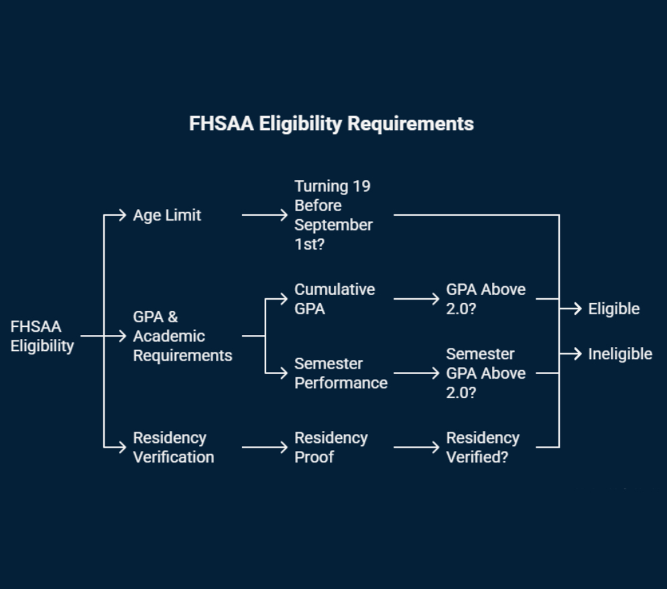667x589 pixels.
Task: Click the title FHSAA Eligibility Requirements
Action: click(x=331, y=124)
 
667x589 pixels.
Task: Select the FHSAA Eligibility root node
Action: click(x=42, y=336)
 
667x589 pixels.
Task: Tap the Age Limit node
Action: click(x=167, y=215)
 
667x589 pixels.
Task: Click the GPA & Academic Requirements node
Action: click(x=182, y=336)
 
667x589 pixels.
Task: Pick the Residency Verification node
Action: click(x=173, y=447)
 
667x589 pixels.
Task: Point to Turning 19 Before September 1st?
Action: click(x=333, y=215)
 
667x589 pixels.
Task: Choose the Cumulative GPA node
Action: click(x=335, y=299)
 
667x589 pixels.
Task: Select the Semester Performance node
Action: click(x=341, y=373)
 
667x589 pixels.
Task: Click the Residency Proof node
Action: click(x=331, y=447)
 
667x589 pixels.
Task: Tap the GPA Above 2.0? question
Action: click(x=486, y=299)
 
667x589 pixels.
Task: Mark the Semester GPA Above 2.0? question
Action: click(x=486, y=373)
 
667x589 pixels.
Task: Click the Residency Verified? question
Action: click(x=483, y=447)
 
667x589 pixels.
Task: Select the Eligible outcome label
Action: click(x=613, y=309)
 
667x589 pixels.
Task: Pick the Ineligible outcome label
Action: click(x=620, y=354)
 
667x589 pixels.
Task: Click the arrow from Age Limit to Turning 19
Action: click(x=264, y=215)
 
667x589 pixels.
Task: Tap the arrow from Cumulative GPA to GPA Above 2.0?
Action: click(x=416, y=299)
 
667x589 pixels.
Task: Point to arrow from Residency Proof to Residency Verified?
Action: click(x=416, y=447)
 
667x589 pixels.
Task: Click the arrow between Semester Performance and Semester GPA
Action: click(x=416, y=373)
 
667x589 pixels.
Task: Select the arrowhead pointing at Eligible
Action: click(x=577, y=309)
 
